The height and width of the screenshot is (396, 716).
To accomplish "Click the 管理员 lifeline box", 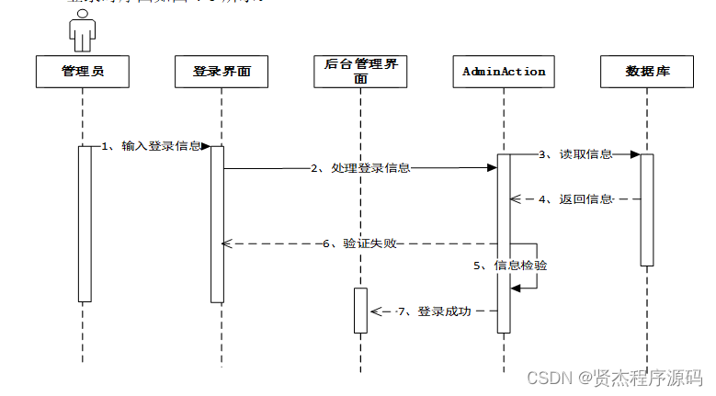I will coord(83,72).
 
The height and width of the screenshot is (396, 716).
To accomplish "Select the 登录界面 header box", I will coord(222,72).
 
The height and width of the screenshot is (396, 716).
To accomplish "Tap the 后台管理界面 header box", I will coord(360,72).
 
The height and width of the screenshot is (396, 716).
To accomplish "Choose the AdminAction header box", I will coord(504,72).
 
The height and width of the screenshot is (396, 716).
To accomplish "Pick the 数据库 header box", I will coord(647,72).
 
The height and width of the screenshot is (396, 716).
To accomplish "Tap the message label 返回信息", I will coord(585,198).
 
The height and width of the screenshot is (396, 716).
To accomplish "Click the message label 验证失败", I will coord(364,243).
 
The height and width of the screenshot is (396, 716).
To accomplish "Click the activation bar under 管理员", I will coord(85,225).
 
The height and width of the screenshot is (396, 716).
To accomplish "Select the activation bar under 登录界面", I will coord(218,225).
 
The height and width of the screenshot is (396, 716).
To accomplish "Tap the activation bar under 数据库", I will coord(647,209).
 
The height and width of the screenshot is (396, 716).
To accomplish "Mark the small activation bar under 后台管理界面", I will coord(360,311).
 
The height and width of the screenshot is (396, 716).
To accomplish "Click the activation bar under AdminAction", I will coord(504,243).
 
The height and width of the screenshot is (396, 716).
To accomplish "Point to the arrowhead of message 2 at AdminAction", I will coord(492,168).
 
